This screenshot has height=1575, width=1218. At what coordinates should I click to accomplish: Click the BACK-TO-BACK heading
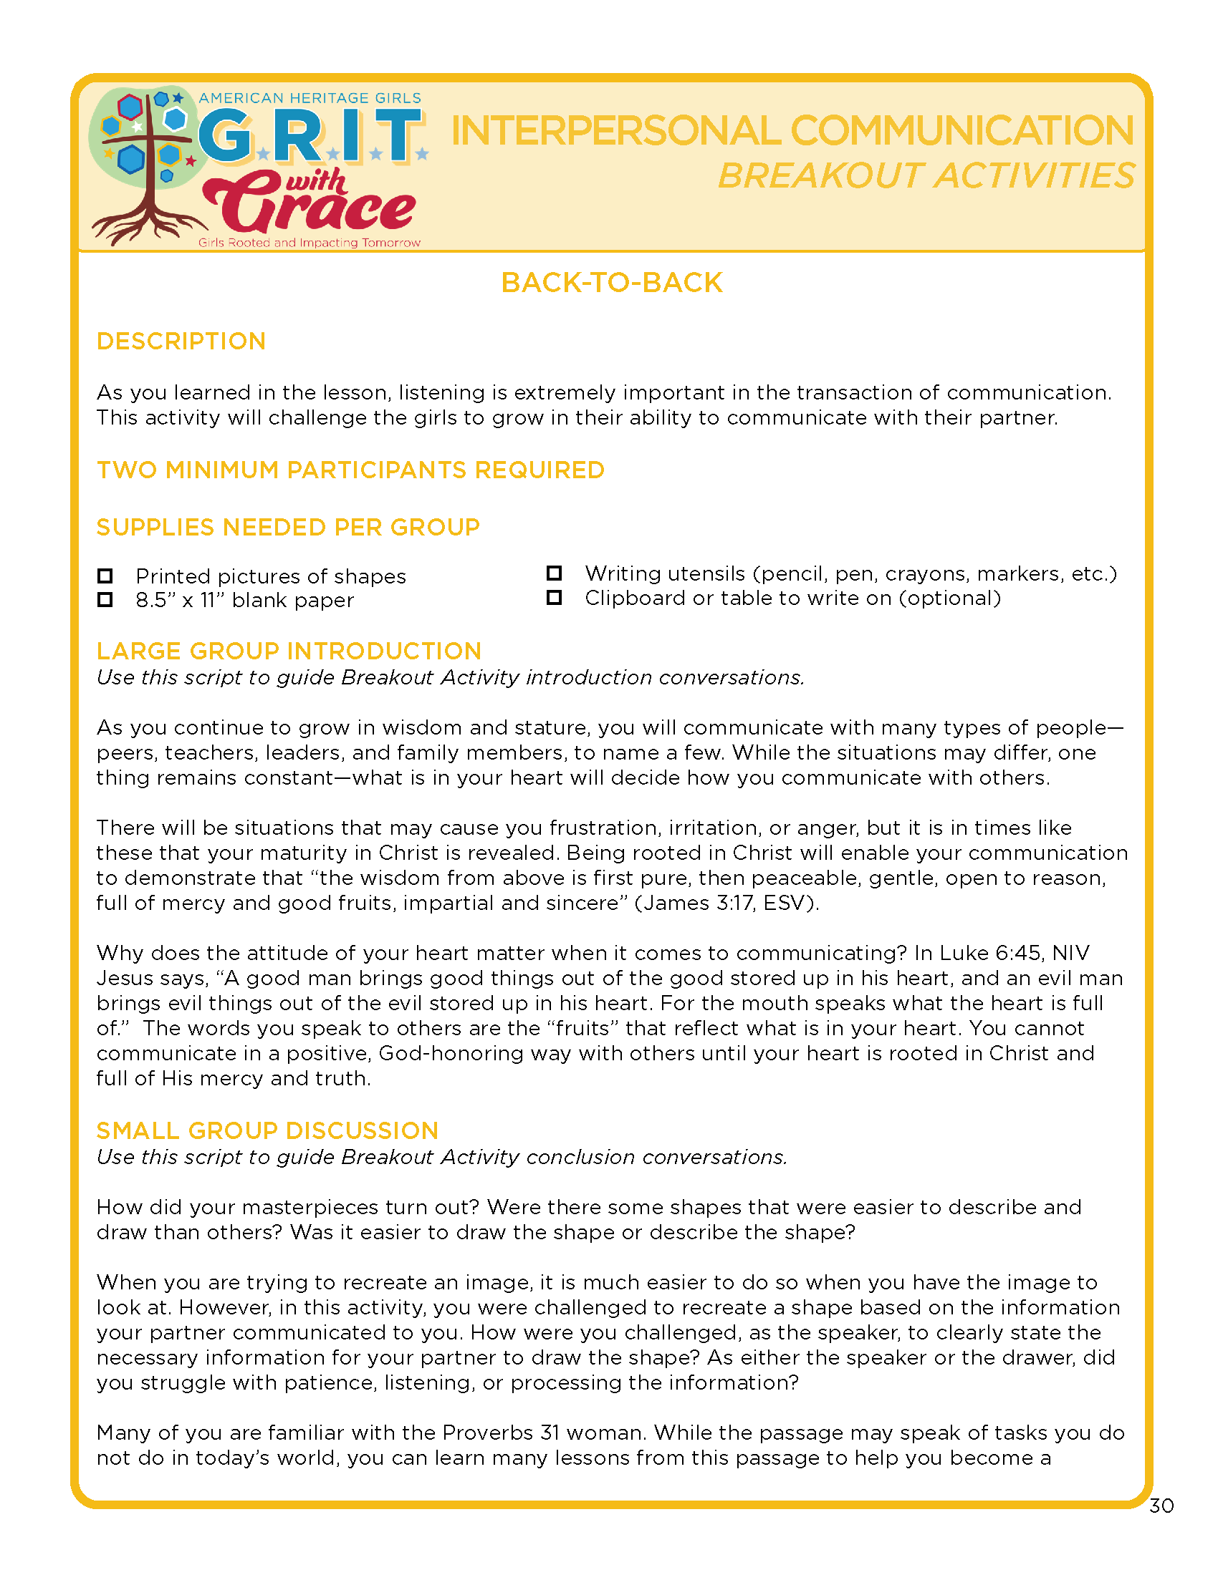[611, 283]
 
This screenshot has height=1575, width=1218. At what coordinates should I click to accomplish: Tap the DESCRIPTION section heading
[181, 341]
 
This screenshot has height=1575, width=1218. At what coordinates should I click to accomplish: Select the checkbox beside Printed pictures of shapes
[105, 576]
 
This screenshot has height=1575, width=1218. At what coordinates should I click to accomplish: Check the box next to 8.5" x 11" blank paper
[105, 599]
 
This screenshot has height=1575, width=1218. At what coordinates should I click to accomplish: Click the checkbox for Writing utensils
[554, 573]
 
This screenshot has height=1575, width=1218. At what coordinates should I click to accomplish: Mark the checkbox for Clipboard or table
[554, 597]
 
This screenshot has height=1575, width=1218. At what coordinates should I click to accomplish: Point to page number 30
[1161, 1506]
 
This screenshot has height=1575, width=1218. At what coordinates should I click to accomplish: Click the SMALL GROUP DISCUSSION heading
[267, 1130]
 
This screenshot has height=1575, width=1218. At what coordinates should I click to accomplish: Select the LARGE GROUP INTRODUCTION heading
[289, 651]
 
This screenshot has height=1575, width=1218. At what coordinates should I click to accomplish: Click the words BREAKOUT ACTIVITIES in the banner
[926, 176]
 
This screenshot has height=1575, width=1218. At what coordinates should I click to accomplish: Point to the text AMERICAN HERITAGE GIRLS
[310, 98]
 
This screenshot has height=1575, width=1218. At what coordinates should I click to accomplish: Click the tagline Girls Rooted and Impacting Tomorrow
[309, 243]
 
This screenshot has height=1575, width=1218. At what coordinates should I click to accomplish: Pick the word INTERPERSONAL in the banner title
[615, 130]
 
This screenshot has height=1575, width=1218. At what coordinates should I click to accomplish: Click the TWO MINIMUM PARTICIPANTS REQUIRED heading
[350, 470]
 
